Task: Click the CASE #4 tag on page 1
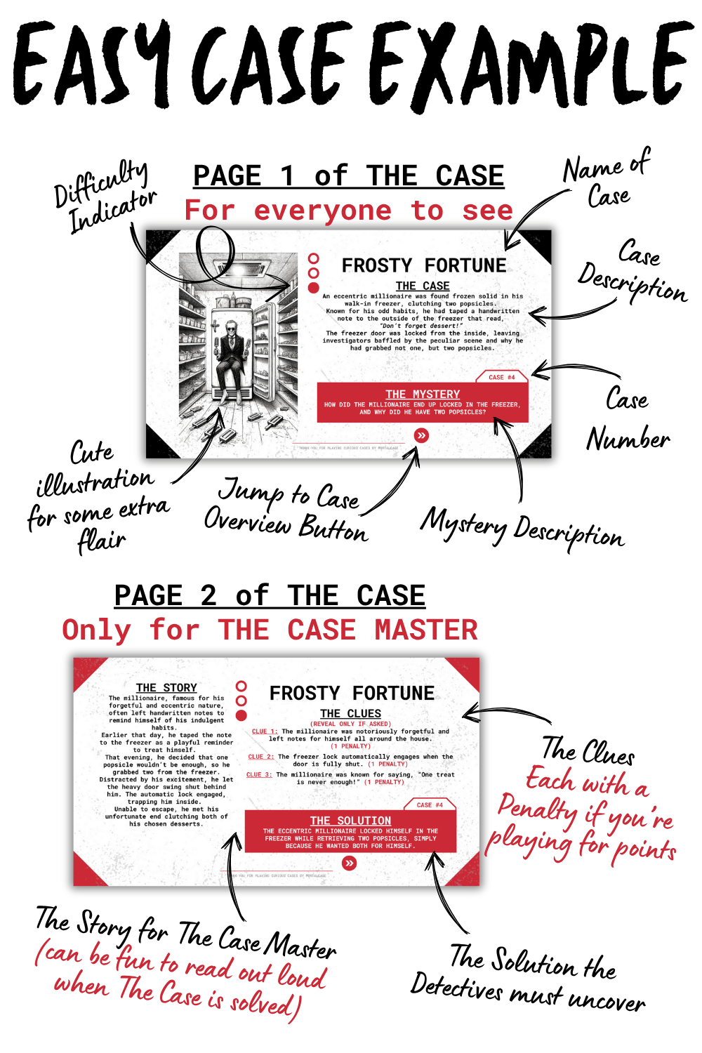[501, 377]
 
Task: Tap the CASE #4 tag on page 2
[430, 804]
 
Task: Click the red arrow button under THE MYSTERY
[421, 436]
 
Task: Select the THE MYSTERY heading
[423, 395]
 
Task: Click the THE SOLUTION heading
[350, 821]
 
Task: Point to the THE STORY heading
[166, 688]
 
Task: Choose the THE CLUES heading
[350, 713]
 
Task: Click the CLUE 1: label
[265, 731]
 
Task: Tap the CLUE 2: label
[260, 757]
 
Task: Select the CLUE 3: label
[259, 775]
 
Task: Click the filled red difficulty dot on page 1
[314, 287]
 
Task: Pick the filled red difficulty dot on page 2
[241, 715]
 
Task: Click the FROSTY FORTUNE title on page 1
[423, 265]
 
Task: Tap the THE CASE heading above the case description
[423, 286]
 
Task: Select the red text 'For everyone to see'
[349, 211]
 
